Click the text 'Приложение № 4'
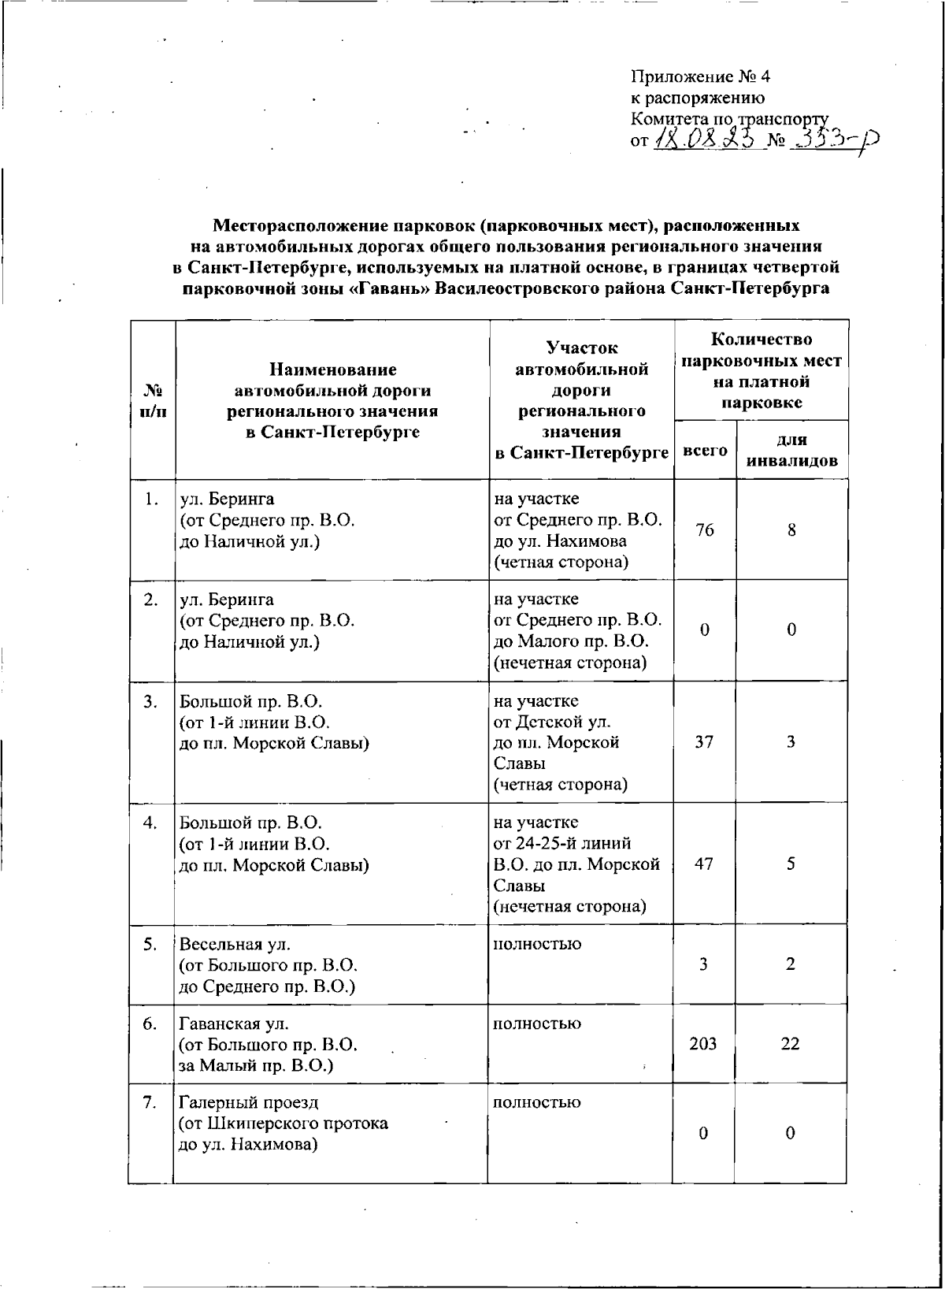[x=700, y=77]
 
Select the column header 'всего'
[x=705, y=451]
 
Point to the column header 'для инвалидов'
[x=791, y=451]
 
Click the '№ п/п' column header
[x=153, y=400]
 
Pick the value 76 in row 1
[x=705, y=530]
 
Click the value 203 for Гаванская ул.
[x=702, y=1044]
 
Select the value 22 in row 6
[x=790, y=1044]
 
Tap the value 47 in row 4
[x=704, y=864]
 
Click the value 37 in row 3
[x=704, y=742]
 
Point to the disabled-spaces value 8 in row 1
[x=791, y=530]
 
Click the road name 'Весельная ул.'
[x=229, y=944]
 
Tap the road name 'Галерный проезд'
[x=249, y=1102]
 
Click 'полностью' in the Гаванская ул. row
[x=537, y=1023]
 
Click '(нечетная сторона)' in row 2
[x=570, y=663]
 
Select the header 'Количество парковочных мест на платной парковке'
[x=761, y=371]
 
